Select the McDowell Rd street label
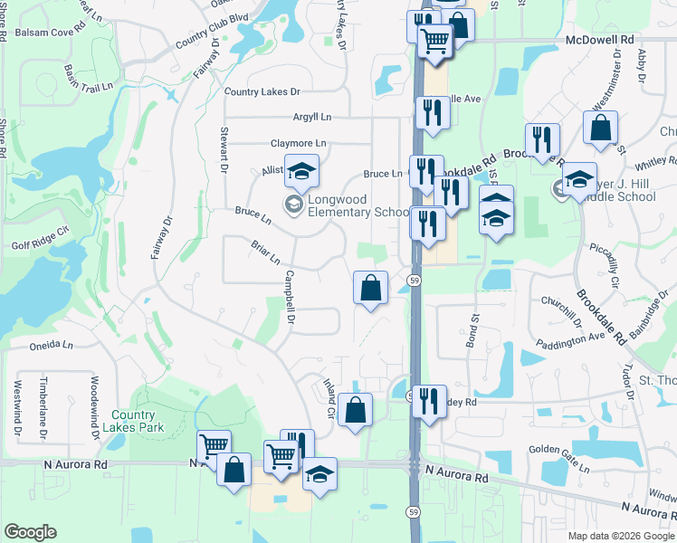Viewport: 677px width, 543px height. coord(599,41)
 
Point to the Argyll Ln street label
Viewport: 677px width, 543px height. coord(312,118)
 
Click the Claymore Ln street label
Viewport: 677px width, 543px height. coord(298,143)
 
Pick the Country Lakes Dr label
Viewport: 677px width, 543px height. coord(262,91)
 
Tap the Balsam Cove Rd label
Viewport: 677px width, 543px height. coord(50,33)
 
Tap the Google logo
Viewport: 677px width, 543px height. coord(30,532)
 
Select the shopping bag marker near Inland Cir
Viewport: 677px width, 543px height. coord(358,409)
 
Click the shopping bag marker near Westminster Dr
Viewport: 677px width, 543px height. coord(601,129)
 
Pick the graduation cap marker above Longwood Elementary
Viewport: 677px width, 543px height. coord(302,169)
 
